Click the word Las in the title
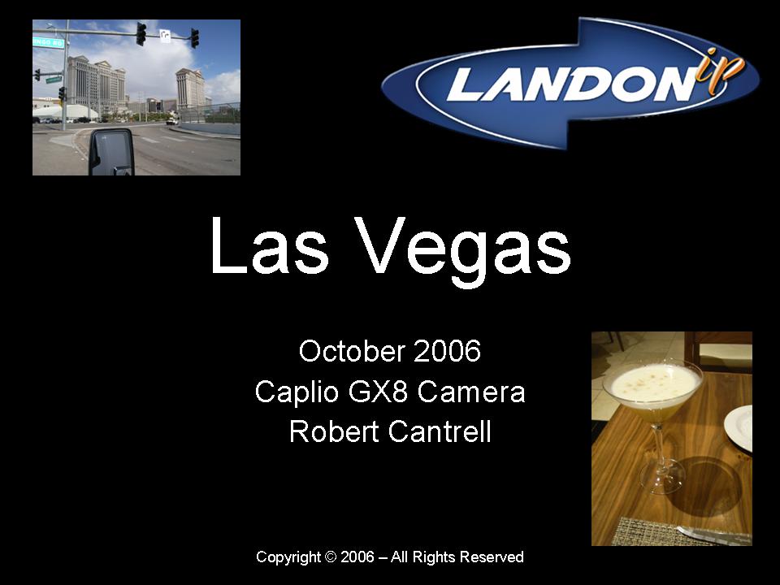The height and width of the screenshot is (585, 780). pos(269,245)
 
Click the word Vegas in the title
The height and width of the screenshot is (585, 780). pos(464,251)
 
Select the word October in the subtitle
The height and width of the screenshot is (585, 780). pos(352,351)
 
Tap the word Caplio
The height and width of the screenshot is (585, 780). pos(297,392)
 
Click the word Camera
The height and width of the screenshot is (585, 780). pos(471,392)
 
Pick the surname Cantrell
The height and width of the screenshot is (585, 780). pos(440,431)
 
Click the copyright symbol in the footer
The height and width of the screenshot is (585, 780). pos(331,557)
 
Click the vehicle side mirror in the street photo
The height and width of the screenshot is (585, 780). pos(111,152)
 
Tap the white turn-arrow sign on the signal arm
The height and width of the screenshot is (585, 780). pos(165,35)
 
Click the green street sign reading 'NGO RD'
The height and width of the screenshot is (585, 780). pos(48,43)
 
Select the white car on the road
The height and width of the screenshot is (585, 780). pos(171,121)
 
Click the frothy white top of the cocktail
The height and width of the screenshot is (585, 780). pos(652,382)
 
